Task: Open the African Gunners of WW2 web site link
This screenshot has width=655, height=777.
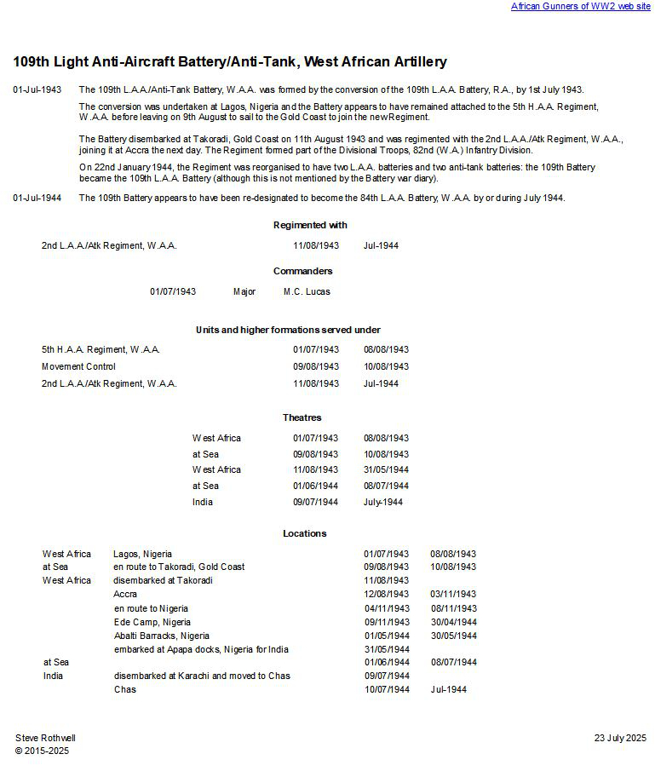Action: pos(580,6)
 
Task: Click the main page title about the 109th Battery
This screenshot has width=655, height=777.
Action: pos(230,62)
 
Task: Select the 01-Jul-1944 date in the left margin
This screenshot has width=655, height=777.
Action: pos(37,198)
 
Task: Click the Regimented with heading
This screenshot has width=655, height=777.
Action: pos(310,225)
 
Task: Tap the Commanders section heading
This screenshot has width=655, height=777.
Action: pos(303,271)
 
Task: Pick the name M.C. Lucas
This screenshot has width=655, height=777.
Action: pos(307,291)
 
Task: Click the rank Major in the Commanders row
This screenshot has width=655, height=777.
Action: pos(244,291)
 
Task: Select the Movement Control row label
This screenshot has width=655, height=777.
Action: pos(78,366)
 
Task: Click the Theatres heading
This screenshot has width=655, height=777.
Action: pos(302,417)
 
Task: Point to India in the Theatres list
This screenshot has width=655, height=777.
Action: pos(203,502)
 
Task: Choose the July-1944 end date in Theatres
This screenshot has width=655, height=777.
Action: pos(383,502)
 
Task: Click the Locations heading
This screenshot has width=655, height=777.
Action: pos(305,533)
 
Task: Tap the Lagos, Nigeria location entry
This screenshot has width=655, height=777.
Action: pos(142,554)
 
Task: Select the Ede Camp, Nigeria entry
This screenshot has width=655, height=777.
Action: pos(152,622)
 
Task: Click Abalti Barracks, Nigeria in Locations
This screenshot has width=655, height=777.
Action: pos(162,636)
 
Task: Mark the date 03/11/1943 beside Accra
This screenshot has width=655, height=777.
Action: pos(453,594)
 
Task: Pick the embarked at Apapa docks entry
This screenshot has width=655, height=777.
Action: pos(201,649)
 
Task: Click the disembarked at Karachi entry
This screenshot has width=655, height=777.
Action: pos(202,676)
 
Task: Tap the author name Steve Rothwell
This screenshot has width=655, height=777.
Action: pos(45,738)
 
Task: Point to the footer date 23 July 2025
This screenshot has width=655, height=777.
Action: pos(620,738)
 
